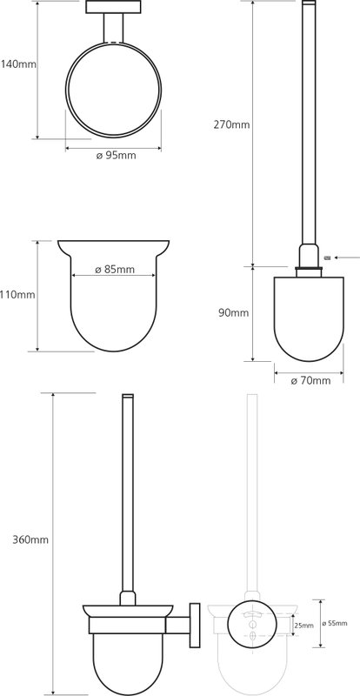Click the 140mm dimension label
coord(18,64)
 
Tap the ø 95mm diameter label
coord(117,156)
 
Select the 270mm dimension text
coord(231,124)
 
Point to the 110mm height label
coord(17,294)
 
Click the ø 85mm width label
coord(115,270)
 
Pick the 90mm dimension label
coord(234,313)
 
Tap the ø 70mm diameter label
coord(310,380)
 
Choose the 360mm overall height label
coord(30,540)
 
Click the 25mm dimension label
coord(304,626)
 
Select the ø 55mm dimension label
coord(335,623)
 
